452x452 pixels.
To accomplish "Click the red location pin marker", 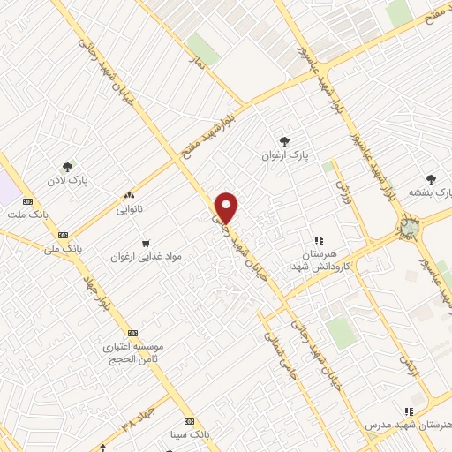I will point(228,207).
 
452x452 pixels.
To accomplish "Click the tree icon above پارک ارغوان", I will point(283,139).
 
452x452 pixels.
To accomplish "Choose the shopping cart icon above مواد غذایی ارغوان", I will point(146,242).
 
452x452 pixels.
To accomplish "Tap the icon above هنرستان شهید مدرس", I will point(408,411).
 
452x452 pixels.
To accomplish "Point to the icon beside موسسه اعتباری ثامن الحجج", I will point(132,333).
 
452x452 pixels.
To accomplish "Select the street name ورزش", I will point(343,187).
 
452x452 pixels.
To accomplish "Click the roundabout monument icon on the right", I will point(408,229).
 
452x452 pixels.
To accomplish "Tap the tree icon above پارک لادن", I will point(67,166).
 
